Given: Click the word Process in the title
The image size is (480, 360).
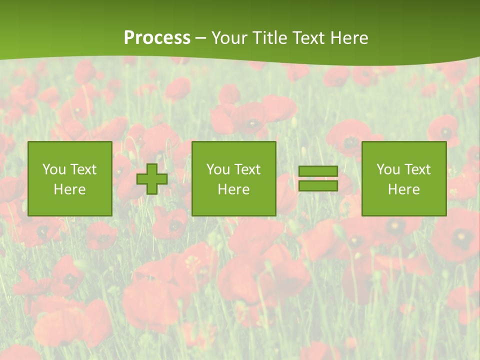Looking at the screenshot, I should coord(157,38).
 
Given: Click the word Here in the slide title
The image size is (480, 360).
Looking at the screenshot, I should coord(349,38).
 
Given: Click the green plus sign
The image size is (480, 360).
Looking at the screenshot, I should coord(152,179).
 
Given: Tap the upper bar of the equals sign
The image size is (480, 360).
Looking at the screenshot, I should coord(318,171).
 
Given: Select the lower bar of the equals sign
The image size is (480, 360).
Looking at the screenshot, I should coord(318,185).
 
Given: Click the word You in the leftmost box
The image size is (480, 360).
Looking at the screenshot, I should coord(54,169).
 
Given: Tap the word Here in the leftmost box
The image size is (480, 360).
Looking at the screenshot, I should coord(70,189).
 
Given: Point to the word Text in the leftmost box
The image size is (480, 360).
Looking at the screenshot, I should coord(83,169).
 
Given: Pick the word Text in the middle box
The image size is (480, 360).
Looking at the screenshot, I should coord(247,169).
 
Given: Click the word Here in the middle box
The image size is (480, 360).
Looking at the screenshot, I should coord(234,189).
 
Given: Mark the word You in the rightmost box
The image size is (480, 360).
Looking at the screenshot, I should coord(388,169).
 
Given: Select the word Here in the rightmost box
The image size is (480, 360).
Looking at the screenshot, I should coord(404,189).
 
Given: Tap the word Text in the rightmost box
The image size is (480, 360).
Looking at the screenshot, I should coord(417,169).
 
